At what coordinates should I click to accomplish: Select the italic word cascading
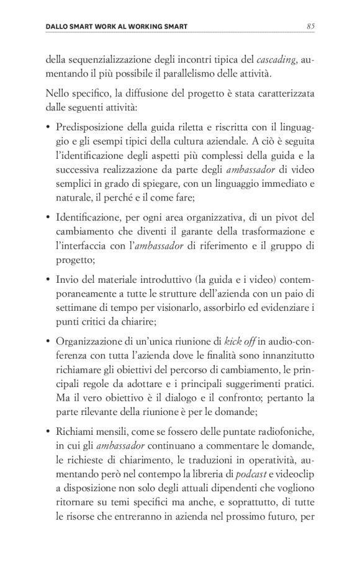click(276, 60)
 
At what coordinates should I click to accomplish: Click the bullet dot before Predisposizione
click(48, 128)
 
